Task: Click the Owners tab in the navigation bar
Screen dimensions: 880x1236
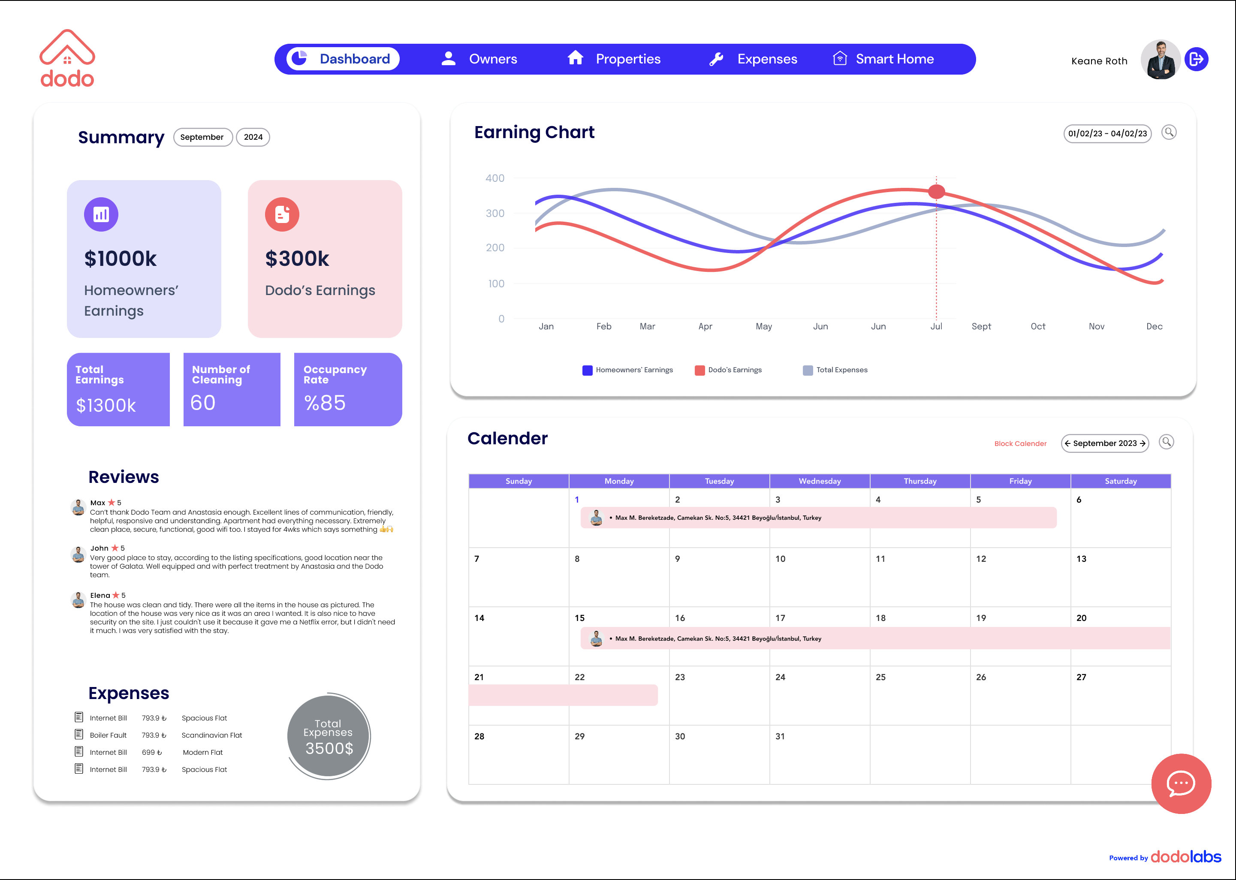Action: coord(480,59)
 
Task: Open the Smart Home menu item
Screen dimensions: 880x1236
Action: coord(883,59)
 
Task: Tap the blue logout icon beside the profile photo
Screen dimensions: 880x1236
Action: coord(1196,59)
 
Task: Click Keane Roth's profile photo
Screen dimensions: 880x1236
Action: coord(1160,60)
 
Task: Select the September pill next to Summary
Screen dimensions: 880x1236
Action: coord(202,137)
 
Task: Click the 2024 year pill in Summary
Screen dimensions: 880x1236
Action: coord(253,137)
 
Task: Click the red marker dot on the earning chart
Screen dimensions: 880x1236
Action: coord(936,191)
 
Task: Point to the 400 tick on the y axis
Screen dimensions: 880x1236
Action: coord(495,178)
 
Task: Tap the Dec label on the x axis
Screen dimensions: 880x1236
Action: coord(1154,326)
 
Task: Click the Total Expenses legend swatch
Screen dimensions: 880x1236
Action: coord(808,370)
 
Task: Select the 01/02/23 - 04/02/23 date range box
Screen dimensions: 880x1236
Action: coord(1107,133)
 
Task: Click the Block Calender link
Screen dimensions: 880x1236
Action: coord(1020,443)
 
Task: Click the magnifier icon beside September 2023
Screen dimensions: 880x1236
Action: coord(1166,442)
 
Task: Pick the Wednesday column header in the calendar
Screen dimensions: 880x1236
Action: coord(819,481)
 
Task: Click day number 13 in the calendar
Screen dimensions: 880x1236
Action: coord(1081,559)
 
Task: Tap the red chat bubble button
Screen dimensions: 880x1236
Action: coord(1181,784)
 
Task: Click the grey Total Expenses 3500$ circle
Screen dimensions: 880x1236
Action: coord(329,736)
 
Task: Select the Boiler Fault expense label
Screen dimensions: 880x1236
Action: coord(109,735)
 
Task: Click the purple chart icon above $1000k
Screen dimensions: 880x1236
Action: coord(101,214)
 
